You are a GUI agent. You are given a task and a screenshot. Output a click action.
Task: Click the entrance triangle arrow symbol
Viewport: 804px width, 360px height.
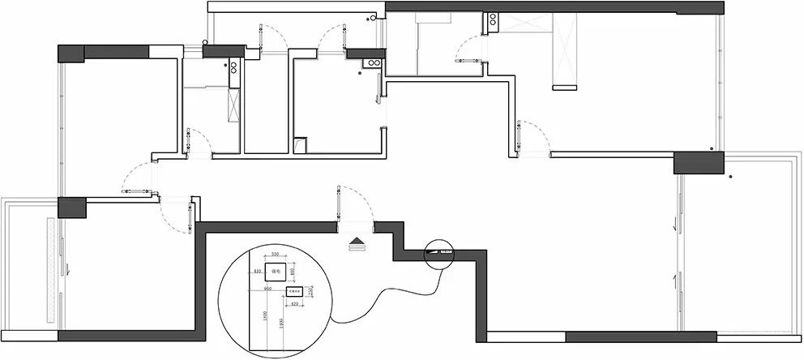point(356,240)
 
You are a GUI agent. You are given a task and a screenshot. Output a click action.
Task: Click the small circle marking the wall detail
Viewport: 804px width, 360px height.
point(438,254)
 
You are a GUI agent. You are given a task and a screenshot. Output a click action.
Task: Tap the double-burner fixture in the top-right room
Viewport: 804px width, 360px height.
point(492,24)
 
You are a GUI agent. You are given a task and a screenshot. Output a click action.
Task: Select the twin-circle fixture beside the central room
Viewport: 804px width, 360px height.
point(374,62)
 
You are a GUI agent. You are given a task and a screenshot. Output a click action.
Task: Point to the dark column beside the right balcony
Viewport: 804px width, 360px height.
point(698,163)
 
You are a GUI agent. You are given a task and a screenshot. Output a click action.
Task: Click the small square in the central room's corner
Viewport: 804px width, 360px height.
point(300,145)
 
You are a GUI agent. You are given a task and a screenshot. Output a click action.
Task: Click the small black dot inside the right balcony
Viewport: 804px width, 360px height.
point(730,176)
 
